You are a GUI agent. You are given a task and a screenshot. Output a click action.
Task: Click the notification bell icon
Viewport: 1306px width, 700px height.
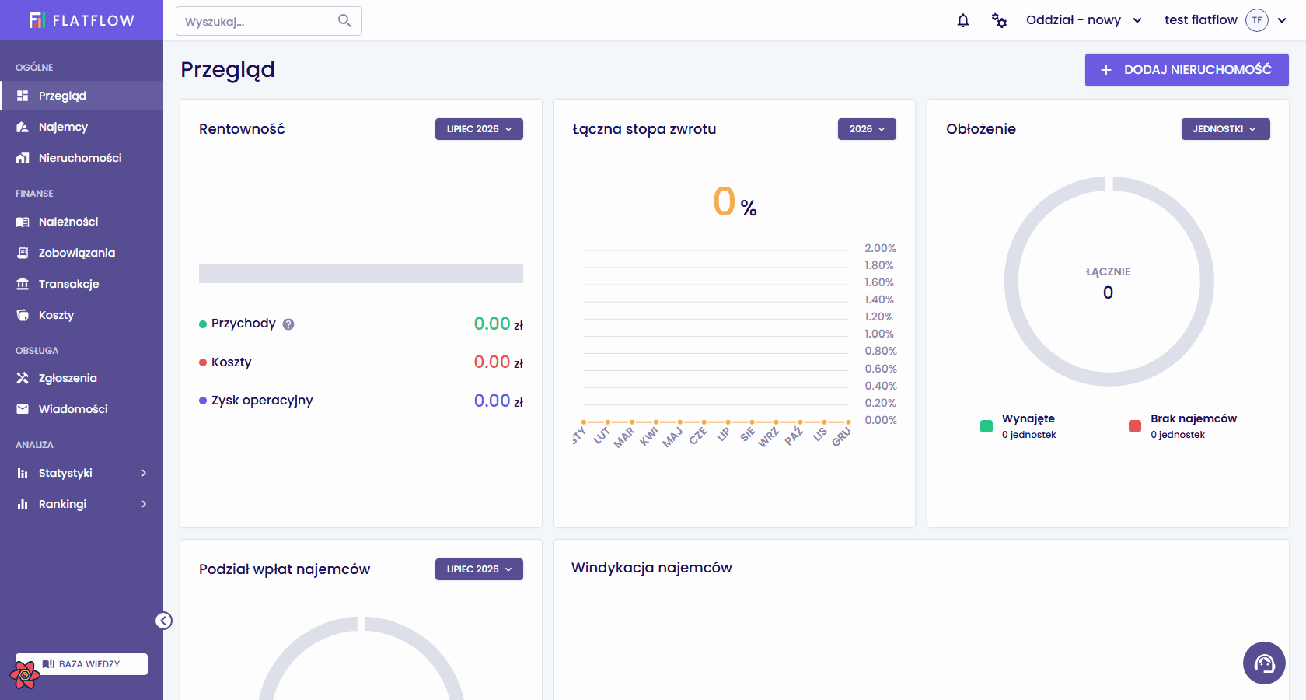pos(963,20)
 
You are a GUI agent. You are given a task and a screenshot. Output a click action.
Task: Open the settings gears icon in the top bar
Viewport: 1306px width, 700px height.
pos(1000,20)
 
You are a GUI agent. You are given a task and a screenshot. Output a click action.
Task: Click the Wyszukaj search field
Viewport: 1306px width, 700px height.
pos(269,21)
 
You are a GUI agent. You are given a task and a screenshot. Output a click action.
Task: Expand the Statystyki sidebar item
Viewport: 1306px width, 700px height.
pos(82,473)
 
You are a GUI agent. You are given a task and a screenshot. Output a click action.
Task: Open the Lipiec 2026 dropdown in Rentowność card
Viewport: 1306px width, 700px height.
pos(479,129)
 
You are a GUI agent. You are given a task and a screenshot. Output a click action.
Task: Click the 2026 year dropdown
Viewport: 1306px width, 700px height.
pos(867,129)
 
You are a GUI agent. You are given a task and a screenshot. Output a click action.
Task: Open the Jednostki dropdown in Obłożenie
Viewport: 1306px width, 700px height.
pos(1225,129)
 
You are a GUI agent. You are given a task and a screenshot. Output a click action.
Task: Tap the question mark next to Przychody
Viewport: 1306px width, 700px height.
pos(288,324)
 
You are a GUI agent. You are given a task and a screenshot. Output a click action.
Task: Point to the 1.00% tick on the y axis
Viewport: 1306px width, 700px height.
pos(879,334)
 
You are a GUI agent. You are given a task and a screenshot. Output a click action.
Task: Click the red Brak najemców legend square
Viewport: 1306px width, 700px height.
pos(1135,426)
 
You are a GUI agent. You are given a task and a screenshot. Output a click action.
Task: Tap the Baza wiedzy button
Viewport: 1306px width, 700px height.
pos(82,664)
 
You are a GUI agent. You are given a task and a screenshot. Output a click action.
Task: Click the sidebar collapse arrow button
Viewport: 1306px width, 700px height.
pos(164,621)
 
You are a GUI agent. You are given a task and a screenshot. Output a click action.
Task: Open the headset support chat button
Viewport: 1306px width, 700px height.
pos(1264,663)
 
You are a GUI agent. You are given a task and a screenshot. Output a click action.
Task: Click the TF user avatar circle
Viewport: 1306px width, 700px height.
pos(1257,20)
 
